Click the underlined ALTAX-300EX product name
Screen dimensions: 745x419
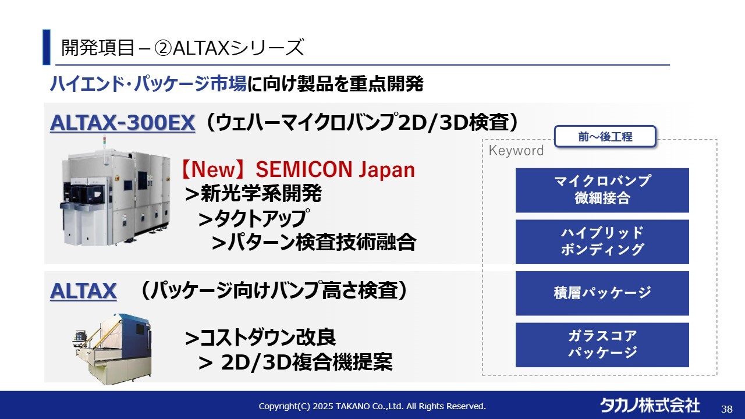pyautogui.click(x=122, y=123)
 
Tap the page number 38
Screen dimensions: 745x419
pyautogui.click(x=727, y=409)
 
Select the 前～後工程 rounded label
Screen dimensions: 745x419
pyautogui.click(x=605, y=136)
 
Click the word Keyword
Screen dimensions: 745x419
pyautogui.click(x=516, y=151)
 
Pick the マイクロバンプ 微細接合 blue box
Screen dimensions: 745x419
pyautogui.click(x=602, y=190)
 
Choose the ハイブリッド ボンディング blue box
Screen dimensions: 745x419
pyautogui.click(x=602, y=242)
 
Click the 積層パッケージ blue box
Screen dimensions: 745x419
pyautogui.click(x=602, y=293)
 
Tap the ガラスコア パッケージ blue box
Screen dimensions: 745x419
pyautogui.click(x=602, y=345)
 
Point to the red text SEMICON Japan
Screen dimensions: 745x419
pyautogui.click(x=335, y=169)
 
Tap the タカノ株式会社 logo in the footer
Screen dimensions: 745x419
pyautogui.click(x=650, y=406)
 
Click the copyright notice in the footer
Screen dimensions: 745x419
pyautogui.click(x=372, y=406)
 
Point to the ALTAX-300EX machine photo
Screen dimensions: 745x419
pyautogui.click(x=115, y=192)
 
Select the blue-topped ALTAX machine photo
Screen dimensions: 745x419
pyautogui.click(x=112, y=349)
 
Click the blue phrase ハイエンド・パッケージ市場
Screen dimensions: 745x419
pyautogui.click(x=148, y=83)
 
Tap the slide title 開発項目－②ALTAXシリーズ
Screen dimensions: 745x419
pyautogui.click(x=183, y=47)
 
